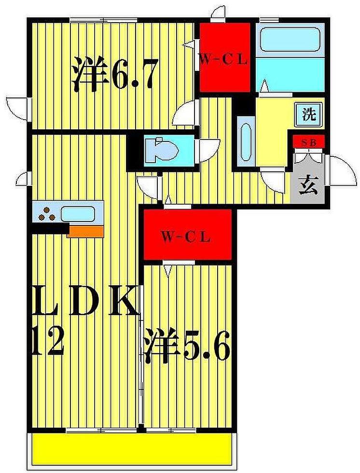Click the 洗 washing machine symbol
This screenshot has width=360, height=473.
tap(308, 115)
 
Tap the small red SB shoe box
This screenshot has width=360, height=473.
tap(308, 142)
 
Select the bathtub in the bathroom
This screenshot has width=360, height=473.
tap(289, 40)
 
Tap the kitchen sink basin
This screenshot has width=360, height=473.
tap(77, 213)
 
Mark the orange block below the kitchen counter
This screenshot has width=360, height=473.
tap(85, 232)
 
